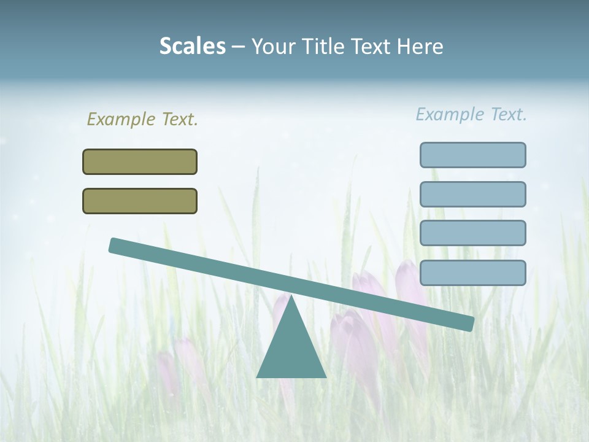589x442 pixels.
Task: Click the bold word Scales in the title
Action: [192, 46]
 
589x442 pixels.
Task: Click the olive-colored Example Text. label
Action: [142, 119]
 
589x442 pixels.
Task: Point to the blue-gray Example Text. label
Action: [471, 114]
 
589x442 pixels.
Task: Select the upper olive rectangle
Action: [140, 161]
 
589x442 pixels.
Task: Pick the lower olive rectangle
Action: [140, 201]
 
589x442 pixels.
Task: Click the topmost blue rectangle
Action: [472, 155]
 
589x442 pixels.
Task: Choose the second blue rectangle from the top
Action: [472, 194]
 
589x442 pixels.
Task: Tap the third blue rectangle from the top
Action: [472, 233]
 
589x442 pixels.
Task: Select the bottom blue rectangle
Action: [472, 273]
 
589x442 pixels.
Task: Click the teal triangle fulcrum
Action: [291, 350]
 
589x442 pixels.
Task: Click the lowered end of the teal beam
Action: [469, 324]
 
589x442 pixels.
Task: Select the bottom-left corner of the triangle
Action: [258, 376]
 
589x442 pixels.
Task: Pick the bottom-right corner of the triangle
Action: [325, 376]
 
